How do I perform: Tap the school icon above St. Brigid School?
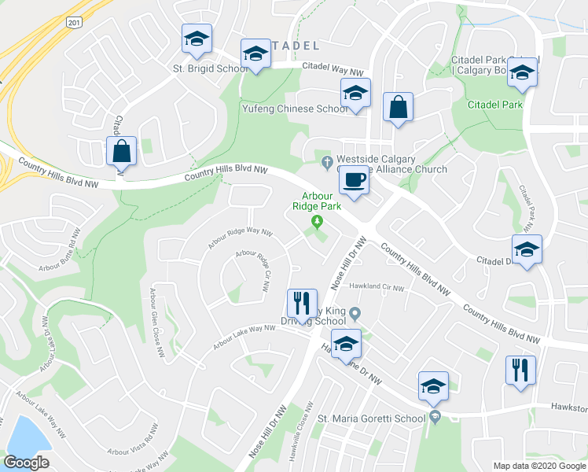[197, 40]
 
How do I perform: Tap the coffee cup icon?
[354, 181]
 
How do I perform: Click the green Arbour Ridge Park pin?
[318, 223]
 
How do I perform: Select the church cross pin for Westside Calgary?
[327, 164]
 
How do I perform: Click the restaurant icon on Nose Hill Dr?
[302, 303]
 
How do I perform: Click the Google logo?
[26, 463]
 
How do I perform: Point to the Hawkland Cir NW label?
[377, 287]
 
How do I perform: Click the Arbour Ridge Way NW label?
[240, 239]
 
